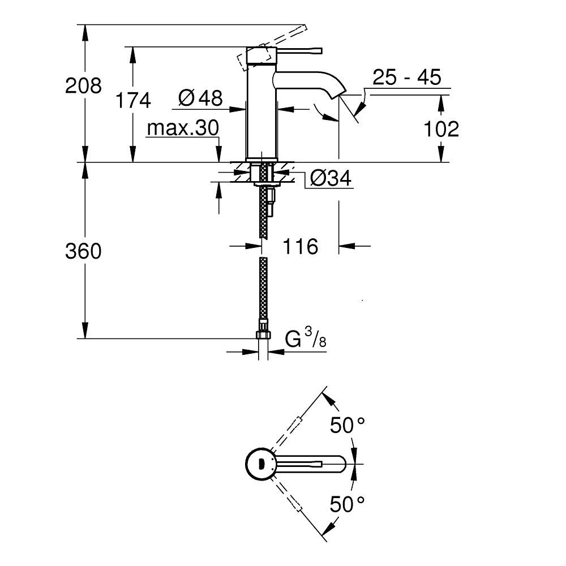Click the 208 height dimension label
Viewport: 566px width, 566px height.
[84, 86]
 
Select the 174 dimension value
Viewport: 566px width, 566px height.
[133, 101]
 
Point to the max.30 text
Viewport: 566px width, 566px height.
[182, 128]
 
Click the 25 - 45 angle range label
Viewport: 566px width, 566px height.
[406, 78]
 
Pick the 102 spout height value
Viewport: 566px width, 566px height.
[441, 129]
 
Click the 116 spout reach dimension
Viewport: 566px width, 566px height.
[300, 246]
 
